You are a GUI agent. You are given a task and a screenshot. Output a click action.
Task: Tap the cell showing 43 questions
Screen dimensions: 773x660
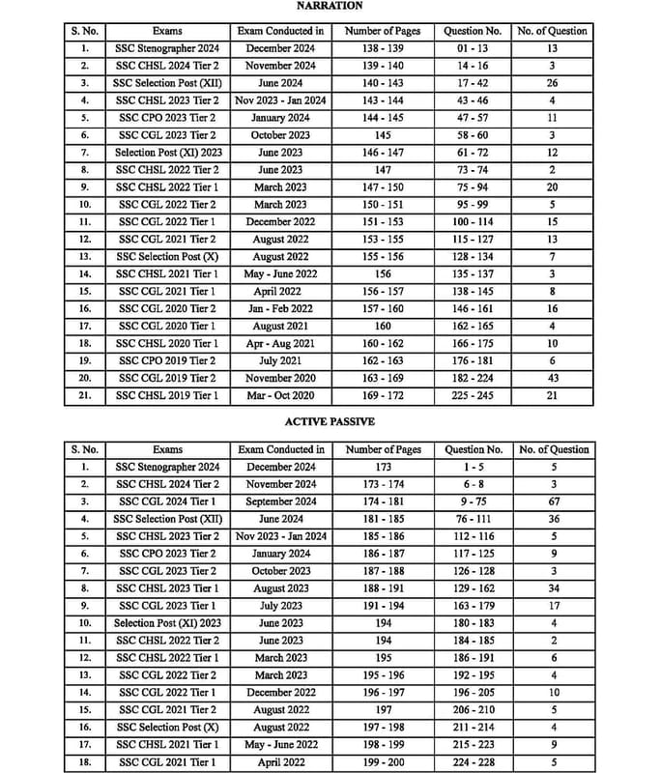pos(553,378)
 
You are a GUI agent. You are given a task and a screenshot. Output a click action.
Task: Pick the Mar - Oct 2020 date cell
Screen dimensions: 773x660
pos(280,395)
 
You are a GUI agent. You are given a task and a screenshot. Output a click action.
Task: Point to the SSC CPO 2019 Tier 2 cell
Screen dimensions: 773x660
pos(167,360)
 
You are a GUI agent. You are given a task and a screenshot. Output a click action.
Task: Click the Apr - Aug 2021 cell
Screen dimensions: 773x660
pos(280,343)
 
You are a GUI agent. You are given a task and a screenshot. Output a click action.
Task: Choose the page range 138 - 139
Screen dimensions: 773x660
pos(383,47)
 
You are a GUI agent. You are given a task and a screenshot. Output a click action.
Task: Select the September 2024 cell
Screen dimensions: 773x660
pos(280,501)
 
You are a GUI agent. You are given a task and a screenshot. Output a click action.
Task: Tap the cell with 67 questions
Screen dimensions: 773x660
pos(553,501)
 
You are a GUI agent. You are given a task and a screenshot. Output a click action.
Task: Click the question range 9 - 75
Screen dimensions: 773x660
pos(473,501)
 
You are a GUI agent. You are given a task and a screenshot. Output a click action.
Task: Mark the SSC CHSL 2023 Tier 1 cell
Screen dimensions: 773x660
pos(167,587)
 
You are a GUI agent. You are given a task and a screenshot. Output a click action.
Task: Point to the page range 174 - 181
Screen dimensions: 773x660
pos(383,501)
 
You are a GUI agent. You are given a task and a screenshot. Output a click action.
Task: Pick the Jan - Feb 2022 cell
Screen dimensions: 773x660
pos(280,308)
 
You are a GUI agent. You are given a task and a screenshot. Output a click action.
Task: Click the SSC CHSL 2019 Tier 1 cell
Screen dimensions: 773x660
pos(167,395)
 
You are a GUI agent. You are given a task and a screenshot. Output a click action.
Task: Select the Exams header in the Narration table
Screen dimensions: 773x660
pos(167,31)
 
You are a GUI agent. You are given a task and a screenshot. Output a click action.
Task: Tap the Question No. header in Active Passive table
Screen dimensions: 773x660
pos(473,449)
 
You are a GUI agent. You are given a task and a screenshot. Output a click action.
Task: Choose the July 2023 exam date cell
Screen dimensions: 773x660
pos(280,605)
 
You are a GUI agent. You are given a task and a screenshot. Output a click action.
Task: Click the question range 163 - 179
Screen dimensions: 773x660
pos(473,605)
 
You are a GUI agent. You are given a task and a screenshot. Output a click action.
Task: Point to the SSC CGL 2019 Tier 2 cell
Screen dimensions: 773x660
pos(167,378)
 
